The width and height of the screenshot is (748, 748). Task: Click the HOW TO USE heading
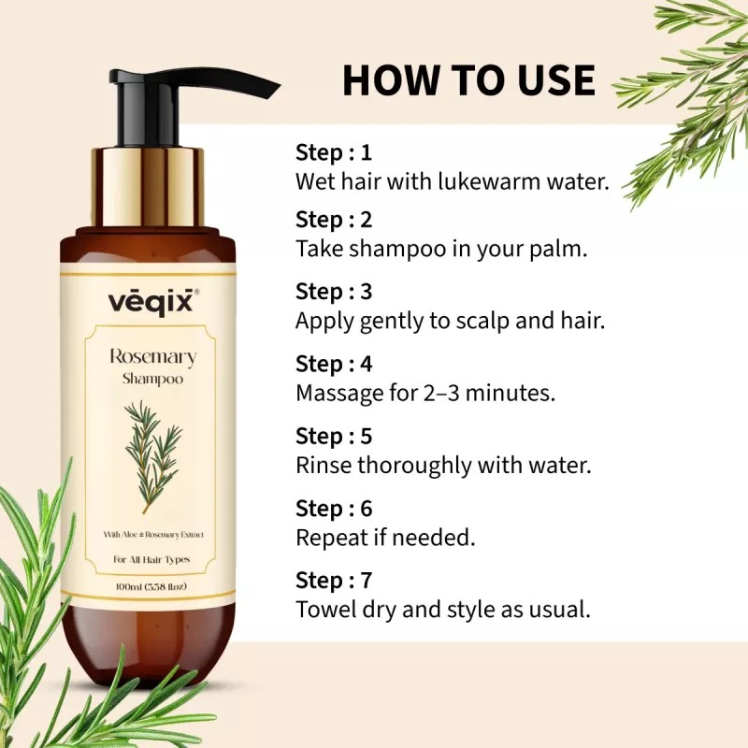coord(468,80)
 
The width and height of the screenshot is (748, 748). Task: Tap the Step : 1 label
coord(334,152)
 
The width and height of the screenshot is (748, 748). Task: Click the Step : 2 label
coord(334,221)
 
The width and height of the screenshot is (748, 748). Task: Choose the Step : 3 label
coord(334,293)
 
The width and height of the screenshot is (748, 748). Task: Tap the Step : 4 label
coord(334,365)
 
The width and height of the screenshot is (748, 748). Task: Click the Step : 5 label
coord(334,437)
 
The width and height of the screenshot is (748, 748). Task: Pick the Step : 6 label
coord(334,509)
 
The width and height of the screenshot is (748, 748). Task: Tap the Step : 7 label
coord(334,581)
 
